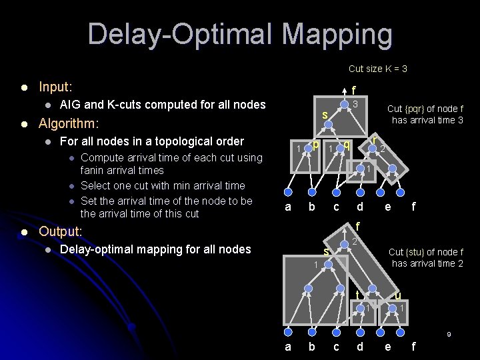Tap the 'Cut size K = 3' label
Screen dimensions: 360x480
377,69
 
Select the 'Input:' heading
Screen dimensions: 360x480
56,87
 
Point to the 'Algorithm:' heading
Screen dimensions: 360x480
69,123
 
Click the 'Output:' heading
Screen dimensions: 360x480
61,231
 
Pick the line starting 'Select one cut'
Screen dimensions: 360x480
163,185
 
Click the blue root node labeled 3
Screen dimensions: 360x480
343,105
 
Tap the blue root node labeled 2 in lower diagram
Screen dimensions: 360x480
343,245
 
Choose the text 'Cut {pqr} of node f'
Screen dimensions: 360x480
425,109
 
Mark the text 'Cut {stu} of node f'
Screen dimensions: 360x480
426,252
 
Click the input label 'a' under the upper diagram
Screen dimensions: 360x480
288,207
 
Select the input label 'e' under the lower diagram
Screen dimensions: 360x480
387,347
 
